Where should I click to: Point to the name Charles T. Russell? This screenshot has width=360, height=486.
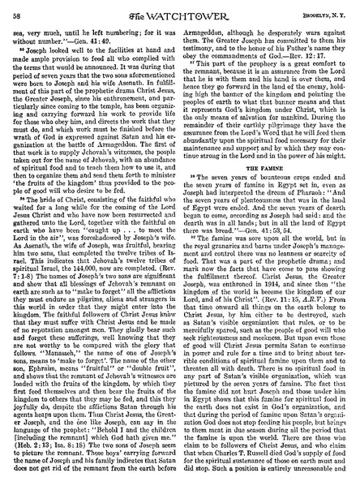pyautogui.click(x=259, y=453)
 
